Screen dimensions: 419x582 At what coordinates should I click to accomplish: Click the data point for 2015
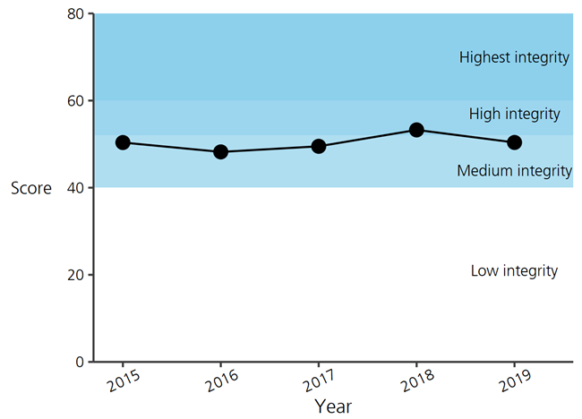[123, 142]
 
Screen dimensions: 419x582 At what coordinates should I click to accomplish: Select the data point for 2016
[220, 152]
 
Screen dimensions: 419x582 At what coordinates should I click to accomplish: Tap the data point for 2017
[318, 146]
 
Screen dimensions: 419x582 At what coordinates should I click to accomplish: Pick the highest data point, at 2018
[416, 130]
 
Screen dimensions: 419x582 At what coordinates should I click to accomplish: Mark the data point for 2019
[514, 142]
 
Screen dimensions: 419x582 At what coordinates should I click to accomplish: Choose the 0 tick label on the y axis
[80, 362]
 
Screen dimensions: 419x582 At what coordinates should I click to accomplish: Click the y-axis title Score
[31, 188]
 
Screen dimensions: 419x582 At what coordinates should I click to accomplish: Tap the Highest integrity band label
[514, 58]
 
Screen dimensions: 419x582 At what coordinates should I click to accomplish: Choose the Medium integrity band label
[514, 171]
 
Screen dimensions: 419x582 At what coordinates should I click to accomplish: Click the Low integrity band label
[514, 271]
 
